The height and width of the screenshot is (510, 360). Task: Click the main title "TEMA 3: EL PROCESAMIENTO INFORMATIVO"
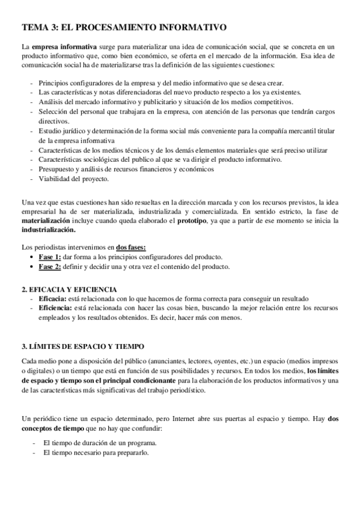[x=124, y=27]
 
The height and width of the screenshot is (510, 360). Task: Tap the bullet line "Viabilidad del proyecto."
[x=73, y=179]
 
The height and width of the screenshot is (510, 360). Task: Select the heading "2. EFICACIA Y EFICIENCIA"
[x=69, y=289]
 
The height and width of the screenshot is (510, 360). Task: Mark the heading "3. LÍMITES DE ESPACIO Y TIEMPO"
[x=83, y=347]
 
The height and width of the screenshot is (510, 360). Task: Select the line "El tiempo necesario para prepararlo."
[x=96, y=452]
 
